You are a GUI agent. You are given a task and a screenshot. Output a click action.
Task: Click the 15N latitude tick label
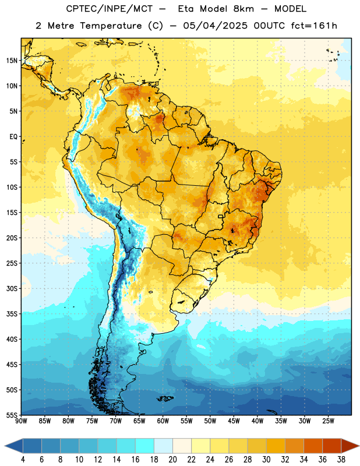coord(12,61)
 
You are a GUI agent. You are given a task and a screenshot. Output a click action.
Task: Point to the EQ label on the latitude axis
coord(13,137)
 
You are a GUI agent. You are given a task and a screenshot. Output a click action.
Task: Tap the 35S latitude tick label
coord(12,314)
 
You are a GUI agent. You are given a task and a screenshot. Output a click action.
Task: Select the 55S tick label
coord(12,415)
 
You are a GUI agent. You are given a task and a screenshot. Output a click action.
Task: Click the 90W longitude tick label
coord(21,421)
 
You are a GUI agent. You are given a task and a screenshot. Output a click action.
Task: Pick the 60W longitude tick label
coord(163,421)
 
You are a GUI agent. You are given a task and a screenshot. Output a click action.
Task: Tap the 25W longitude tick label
coord(328,421)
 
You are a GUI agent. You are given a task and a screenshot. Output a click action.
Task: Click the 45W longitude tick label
coord(234,421)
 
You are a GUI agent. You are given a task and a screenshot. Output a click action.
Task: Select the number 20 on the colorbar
coord(172,460)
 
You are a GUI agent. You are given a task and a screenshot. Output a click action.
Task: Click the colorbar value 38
coord(341,460)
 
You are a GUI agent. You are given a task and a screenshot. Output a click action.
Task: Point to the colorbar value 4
coord(23,460)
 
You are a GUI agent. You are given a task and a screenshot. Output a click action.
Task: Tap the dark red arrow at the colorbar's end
coord(350,446)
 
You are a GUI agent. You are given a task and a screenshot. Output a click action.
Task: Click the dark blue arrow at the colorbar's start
coord(14,446)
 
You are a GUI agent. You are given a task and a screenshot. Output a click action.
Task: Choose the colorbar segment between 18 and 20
coord(164,446)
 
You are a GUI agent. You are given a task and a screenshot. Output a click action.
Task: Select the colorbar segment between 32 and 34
coord(295,446)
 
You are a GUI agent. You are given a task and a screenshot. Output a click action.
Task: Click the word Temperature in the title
coord(111,26)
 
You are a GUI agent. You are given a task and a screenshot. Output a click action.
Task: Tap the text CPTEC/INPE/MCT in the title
coord(109,9)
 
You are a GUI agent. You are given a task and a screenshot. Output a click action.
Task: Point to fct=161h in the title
coord(314,26)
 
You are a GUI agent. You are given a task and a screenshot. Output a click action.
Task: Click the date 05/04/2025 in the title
coord(215,26)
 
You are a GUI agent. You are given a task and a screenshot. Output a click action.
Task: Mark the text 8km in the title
coord(243,9)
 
